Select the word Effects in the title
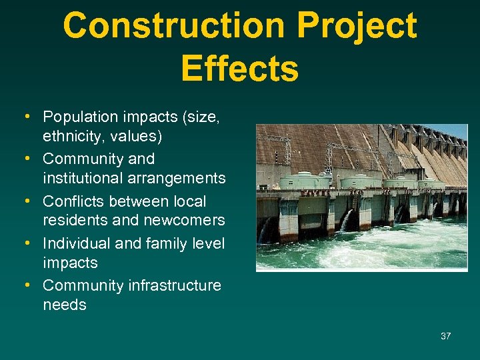239,69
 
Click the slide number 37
445,336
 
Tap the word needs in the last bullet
65,305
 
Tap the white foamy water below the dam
373,253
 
